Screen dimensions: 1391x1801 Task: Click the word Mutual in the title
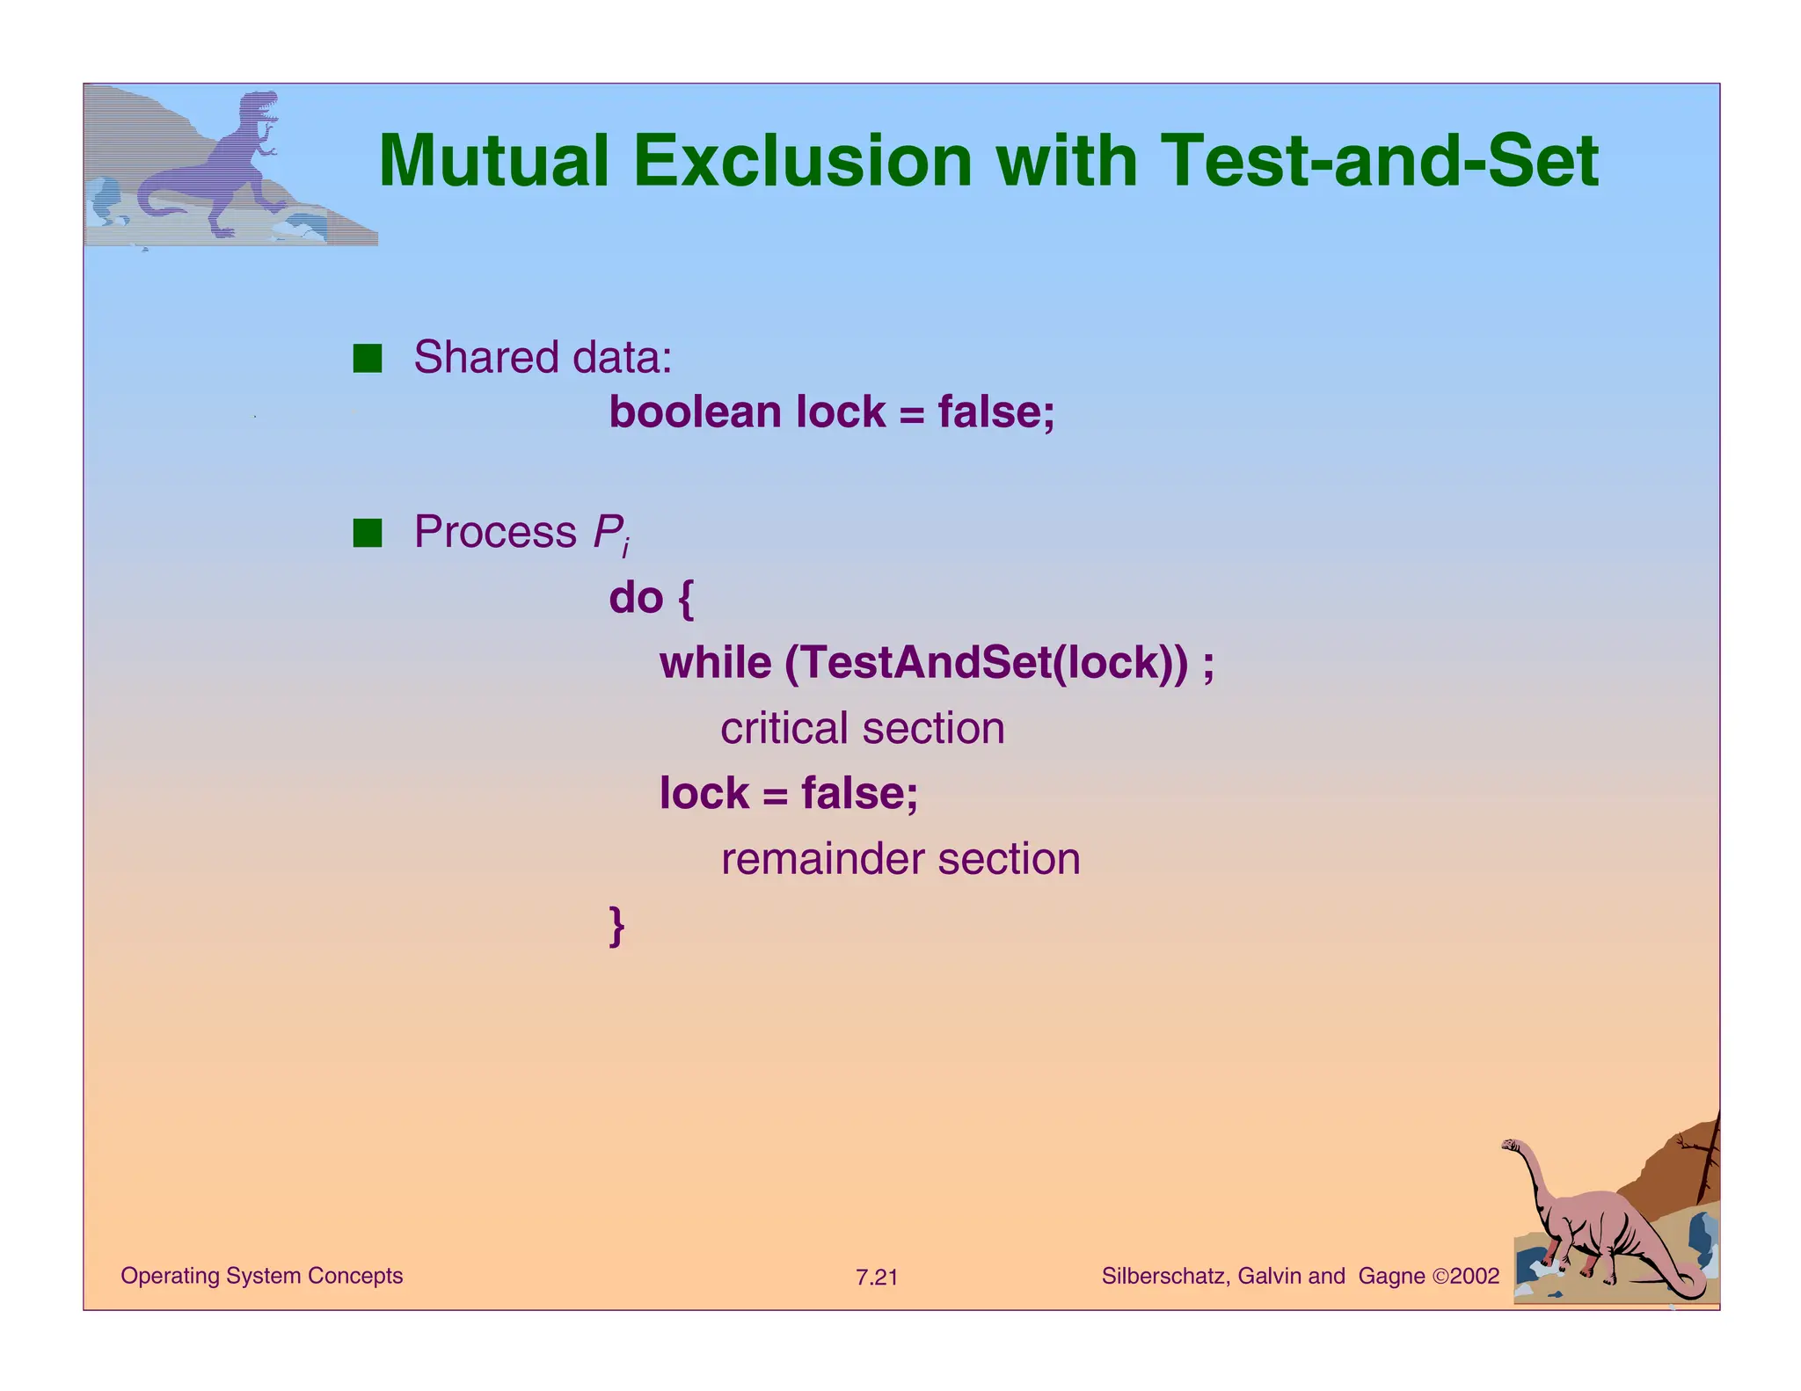coord(493,162)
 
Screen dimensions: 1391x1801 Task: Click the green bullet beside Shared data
coord(367,359)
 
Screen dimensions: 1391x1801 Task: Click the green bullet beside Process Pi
coord(367,533)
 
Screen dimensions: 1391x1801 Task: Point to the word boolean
coord(695,412)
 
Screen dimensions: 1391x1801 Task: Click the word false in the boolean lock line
coord(989,412)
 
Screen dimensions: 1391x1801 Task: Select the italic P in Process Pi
coord(607,533)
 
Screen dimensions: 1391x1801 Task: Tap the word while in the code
coord(715,663)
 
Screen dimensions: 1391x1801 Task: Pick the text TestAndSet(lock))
coord(985,663)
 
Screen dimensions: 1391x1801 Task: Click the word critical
coord(784,729)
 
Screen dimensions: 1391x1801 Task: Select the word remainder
coord(821,859)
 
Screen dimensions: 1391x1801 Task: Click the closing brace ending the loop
coord(616,926)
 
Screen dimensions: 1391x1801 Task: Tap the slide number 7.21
coord(877,1278)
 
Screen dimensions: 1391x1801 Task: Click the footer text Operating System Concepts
coord(261,1276)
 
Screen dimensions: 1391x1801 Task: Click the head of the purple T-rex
coord(260,107)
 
